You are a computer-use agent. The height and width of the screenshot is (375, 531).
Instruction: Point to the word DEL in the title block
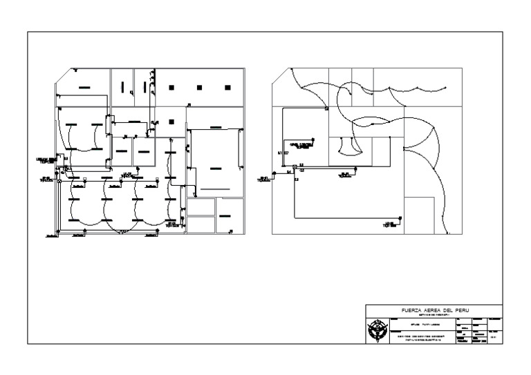pyautogui.click(x=453, y=311)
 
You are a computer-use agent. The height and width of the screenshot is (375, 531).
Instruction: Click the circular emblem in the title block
pyautogui.click(x=377, y=330)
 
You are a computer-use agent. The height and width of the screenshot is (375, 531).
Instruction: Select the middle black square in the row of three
pyautogui.click(x=199, y=87)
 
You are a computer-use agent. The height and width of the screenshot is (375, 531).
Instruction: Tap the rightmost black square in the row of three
pyautogui.click(x=227, y=87)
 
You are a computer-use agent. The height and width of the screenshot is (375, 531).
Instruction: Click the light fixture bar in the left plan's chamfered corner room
pyautogui.click(x=84, y=88)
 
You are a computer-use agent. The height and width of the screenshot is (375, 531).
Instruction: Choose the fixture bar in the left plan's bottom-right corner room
pyautogui.click(x=225, y=217)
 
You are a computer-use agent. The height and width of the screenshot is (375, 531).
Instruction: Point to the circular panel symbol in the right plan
pyautogui.click(x=295, y=166)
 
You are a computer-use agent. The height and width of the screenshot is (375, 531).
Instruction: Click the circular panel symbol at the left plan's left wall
pyautogui.click(x=59, y=182)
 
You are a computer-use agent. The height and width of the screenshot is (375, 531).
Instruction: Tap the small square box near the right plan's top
pyautogui.click(x=327, y=109)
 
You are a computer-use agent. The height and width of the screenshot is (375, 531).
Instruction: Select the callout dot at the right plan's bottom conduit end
pyautogui.click(x=402, y=218)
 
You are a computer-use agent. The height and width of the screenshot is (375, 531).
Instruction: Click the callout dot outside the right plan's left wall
pyautogui.click(x=274, y=175)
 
